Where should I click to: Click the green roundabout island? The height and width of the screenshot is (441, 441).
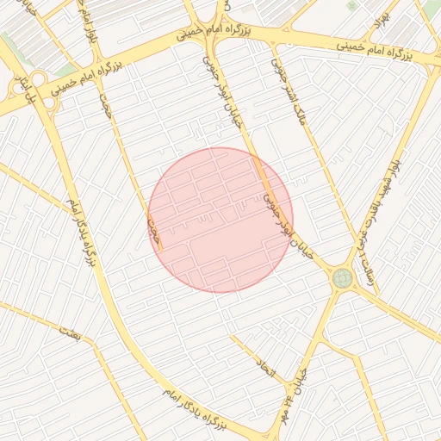(x=343, y=278)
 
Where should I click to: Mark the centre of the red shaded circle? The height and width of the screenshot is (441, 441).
(x=220, y=220)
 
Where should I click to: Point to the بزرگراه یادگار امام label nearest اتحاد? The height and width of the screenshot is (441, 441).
(x=195, y=409)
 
